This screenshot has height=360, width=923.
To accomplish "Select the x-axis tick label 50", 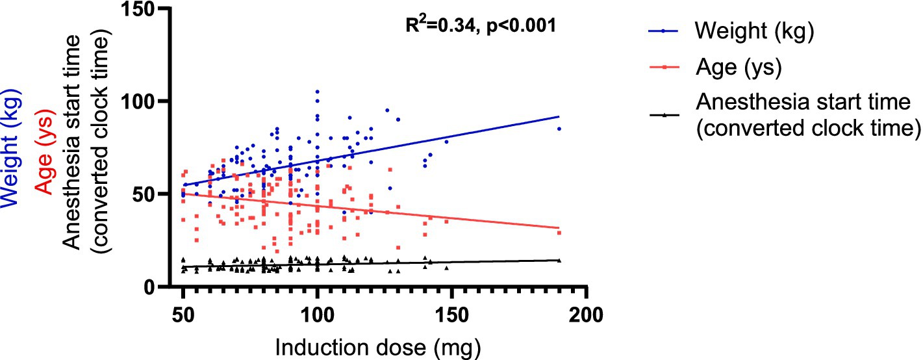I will tap(183, 316).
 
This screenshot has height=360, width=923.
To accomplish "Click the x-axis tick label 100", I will tap(317, 316).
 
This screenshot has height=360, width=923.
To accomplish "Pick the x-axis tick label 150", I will tap(451, 316).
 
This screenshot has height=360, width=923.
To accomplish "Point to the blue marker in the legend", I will tap(663, 31).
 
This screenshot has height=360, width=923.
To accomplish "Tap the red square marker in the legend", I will tap(663, 68).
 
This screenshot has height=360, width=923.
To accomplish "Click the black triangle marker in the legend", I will tap(663, 114).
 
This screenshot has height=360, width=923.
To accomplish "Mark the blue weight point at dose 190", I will tap(559, 129).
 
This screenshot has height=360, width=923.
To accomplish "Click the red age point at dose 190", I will tap(559, 233).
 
